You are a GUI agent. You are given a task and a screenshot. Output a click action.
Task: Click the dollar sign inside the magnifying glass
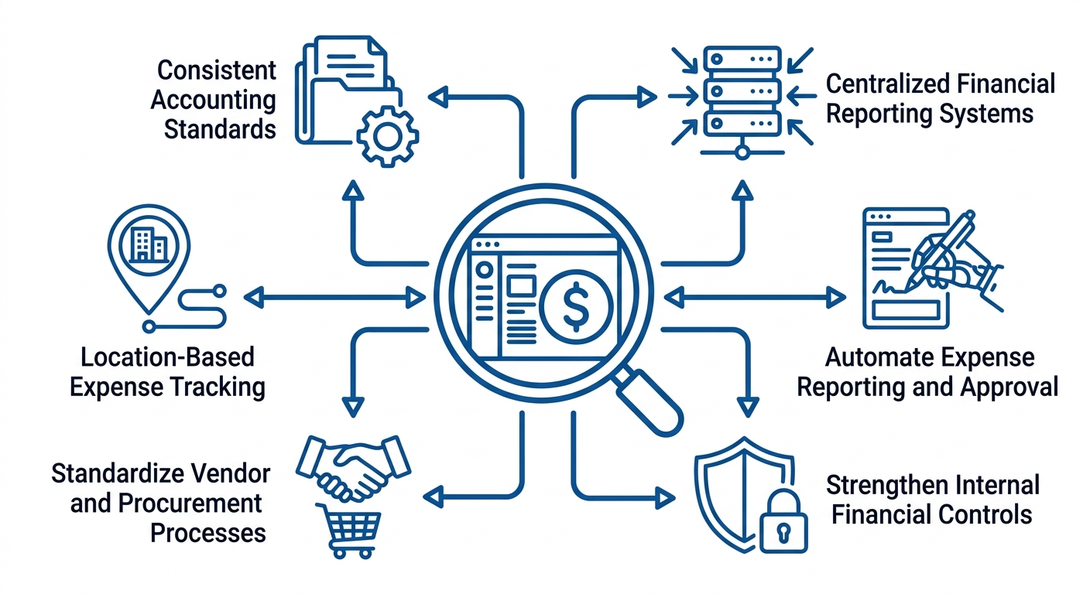tap(577, 307)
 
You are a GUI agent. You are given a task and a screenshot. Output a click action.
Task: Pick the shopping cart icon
tap(348, 529)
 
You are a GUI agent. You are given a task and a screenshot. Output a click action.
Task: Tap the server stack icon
tap(742, 90)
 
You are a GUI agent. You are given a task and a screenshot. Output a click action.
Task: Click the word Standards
tap(220, 128)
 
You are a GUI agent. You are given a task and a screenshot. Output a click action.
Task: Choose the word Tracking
tap(220, 386)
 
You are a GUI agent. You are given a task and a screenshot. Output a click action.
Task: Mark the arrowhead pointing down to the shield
tap(747, 405)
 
